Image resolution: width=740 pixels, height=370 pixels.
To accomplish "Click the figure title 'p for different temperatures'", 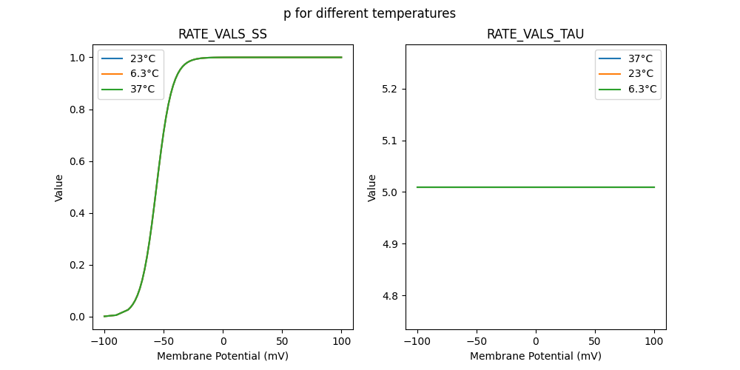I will click(x=369, y=13).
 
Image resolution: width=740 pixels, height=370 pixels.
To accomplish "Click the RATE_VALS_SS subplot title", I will click(x=222, y=35).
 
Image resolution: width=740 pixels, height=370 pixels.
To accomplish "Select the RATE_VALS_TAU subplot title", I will click(x=535, y=35).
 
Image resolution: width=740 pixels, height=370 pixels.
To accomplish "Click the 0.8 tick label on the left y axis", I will click(x=77, y=110).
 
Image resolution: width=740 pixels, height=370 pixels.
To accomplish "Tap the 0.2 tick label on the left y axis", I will click(x=77, y=265).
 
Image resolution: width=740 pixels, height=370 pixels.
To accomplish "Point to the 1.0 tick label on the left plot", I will click(x=77, y=58).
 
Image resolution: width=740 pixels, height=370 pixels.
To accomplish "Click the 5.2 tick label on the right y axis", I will click(x=390, y=89).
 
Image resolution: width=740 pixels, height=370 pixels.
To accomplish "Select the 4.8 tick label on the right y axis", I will click(x=390, y=296).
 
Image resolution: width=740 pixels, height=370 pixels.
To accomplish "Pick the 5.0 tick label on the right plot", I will click(x=390, y=192).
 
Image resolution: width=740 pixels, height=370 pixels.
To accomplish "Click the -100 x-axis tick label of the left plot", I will click(x=104, y=342).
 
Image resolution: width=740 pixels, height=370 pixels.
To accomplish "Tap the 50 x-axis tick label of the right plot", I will click(x=595, y=342).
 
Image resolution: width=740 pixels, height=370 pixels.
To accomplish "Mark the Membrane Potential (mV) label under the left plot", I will click(x=222, y=356).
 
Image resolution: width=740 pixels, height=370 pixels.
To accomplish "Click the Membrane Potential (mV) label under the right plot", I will click(x=535, y=356).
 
